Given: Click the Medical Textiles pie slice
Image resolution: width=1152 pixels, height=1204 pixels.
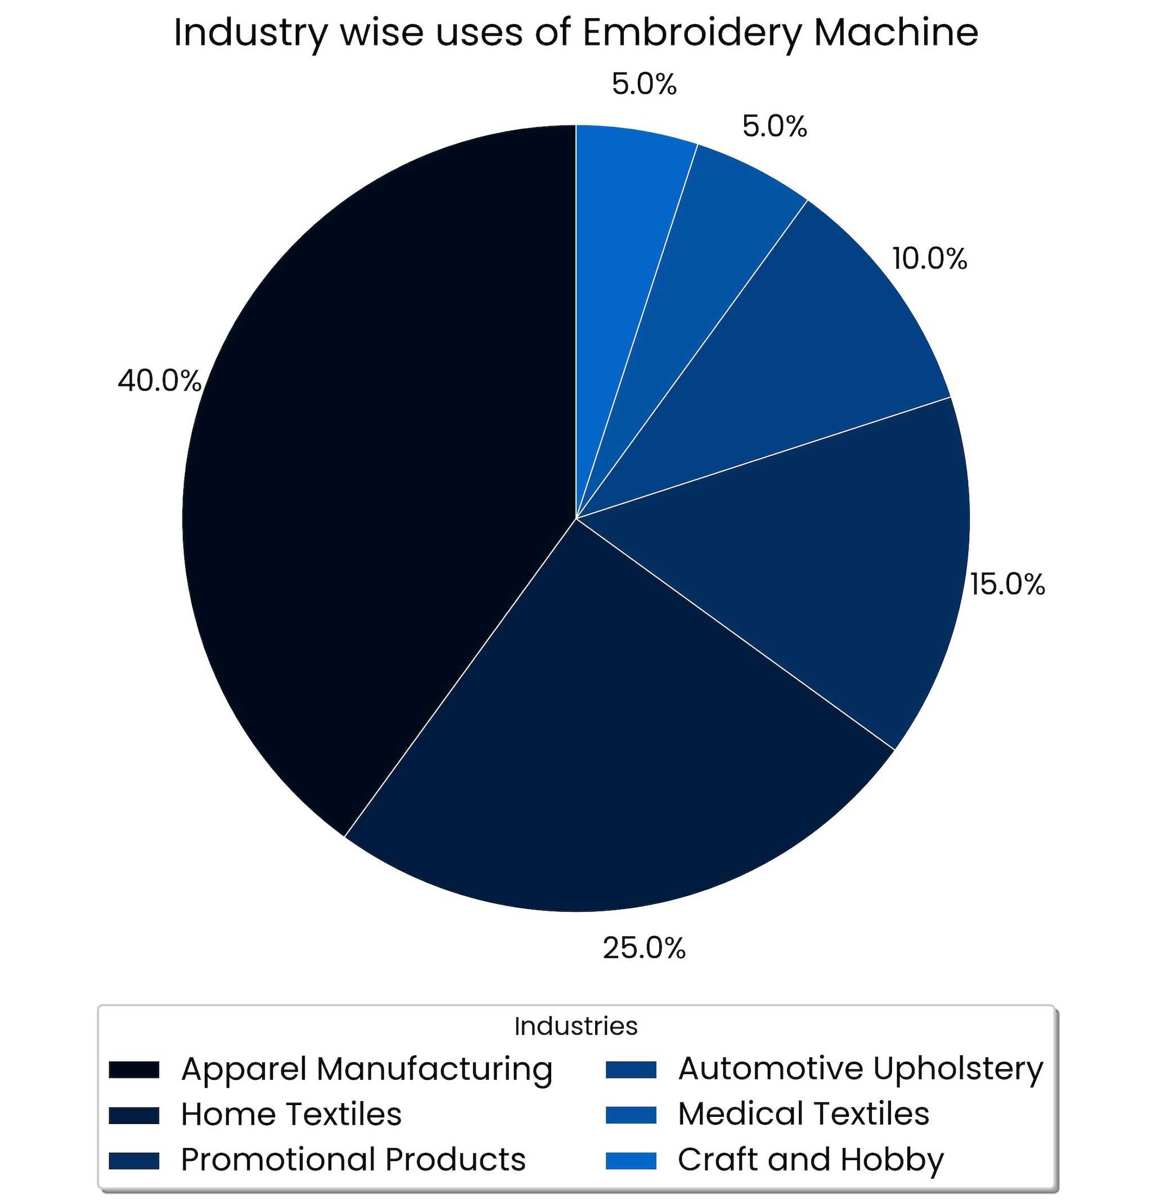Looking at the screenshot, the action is pyautogui.click(x=694, y=270).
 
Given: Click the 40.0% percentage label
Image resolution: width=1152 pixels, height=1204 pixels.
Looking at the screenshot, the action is pyautogui.click(x=160, y=381).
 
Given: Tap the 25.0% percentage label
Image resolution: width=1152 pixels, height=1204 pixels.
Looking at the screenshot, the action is pyautogui.click(x=643, y=948).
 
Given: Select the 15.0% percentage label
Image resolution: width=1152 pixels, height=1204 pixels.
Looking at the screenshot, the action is pyautogui.click(x=1007, y=584).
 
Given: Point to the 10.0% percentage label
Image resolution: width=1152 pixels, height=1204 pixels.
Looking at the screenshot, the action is pyautogui.click(x=929, y=259).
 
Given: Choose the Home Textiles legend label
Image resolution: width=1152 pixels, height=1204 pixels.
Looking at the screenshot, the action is pyautogui.click(x=291, y=1114).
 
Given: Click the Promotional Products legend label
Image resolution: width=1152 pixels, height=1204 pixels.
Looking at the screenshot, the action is pyautogui.click(x=353, y=1159).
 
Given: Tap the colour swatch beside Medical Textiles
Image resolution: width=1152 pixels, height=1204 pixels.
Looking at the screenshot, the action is pyautogui.click(x=631, y=1115).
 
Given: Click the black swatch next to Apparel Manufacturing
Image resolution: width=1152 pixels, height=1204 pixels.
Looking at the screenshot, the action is pyautogui.click(x=134, y=1069).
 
